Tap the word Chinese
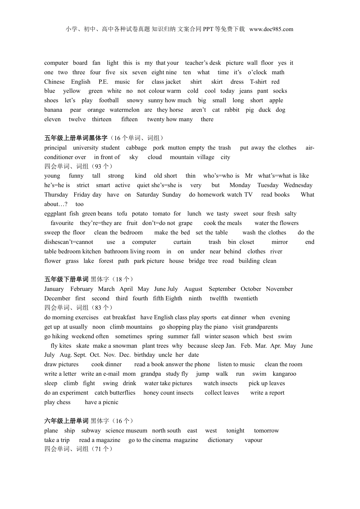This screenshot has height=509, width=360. click(x=55, y=82)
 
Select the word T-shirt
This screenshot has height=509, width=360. click(x=258, y=82)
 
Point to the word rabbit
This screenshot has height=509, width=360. click(x=232, y=110)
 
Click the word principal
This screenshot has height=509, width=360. click(x=55, y=148)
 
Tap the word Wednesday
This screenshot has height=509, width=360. click(x=298, y=185)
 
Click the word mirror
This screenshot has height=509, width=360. click(x=280, y=242)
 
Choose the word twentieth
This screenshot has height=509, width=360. click(x=246, y=298)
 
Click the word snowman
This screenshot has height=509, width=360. click(x=125, y=346)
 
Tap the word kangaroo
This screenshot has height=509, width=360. click(x=285, y=374)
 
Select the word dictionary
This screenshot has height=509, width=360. click(x=221, y=440)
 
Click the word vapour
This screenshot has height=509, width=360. click(x=254, y=440)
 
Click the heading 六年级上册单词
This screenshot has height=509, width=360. click(x=66, y=421)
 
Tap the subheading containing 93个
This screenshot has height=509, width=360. click(x=78, y=166)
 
